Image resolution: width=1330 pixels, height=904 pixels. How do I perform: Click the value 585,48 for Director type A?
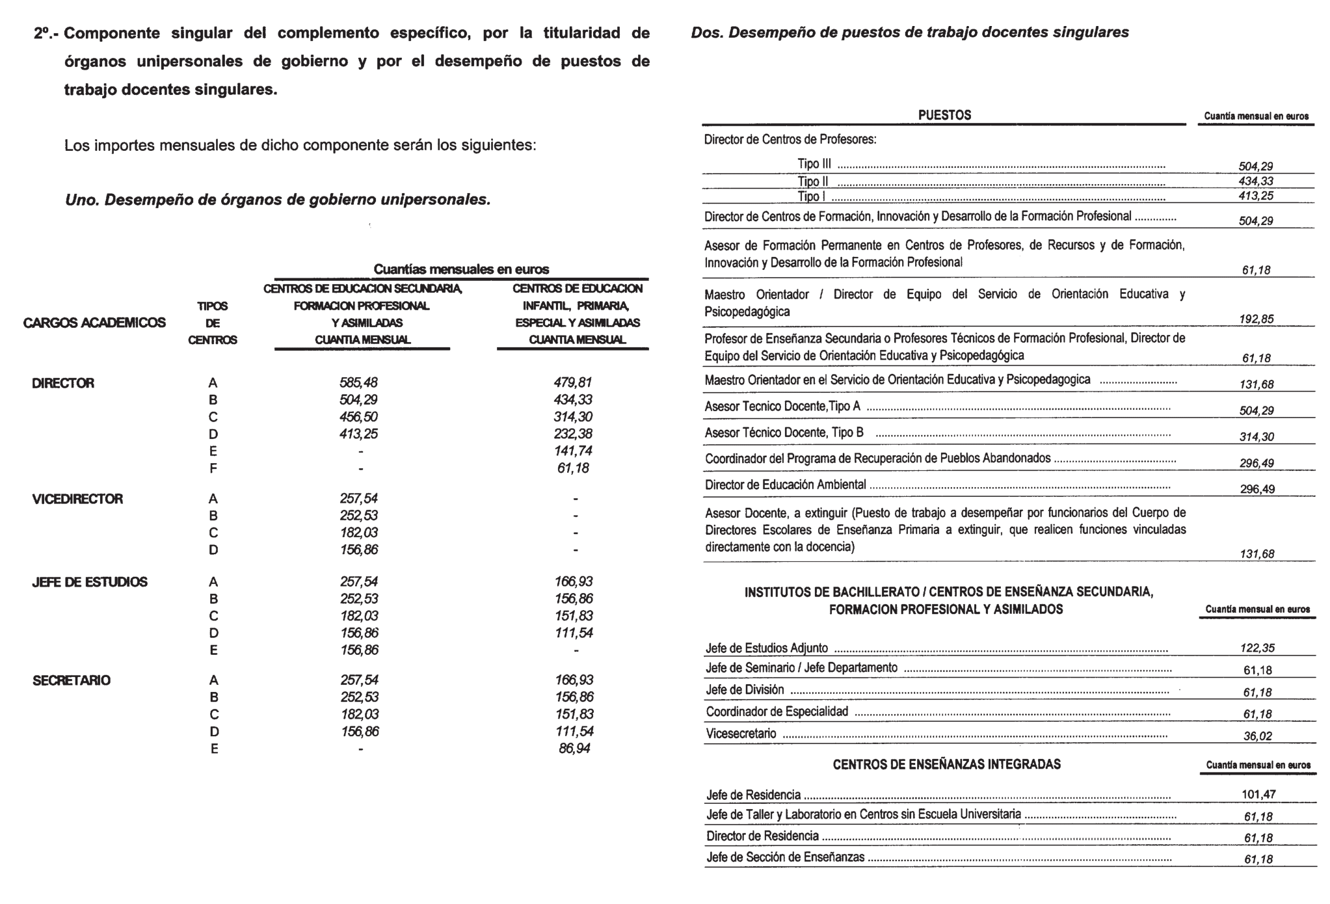click(358, 382)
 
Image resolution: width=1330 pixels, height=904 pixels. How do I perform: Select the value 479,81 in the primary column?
click(573, 382)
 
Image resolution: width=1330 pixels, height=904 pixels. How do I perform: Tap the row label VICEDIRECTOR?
click(77, 499)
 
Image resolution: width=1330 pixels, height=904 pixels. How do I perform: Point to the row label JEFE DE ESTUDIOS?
click(90, 582)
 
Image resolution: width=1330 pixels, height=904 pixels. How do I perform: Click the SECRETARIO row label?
click(72, 680)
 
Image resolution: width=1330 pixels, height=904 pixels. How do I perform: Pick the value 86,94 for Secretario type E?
click(574, 749)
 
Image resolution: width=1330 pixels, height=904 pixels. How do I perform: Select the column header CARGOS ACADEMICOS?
click(94, 323)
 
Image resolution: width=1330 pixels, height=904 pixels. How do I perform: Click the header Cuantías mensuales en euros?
click(461, 269)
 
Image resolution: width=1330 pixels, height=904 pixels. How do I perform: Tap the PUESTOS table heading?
click(944, 115)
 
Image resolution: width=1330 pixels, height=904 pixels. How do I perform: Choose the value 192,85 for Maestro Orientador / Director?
click(1256, 319)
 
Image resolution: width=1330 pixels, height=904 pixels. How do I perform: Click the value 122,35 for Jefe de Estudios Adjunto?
click(1257, 648)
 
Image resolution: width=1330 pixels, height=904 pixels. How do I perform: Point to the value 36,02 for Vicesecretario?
click(1257, 736)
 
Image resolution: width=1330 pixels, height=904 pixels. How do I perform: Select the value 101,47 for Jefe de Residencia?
click(1258, 794)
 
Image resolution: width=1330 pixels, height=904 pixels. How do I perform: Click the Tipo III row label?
click(814, 164)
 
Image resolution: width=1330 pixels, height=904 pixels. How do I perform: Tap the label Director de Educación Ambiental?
click(786, 485)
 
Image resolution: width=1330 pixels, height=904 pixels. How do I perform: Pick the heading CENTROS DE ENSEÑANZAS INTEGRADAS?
click(946, 764)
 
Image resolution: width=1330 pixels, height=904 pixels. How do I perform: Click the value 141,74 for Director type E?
click(573, 451)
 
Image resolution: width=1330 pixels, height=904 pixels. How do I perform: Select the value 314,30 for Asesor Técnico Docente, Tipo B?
click(1257, 437)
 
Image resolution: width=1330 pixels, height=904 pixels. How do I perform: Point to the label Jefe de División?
click(745, 689)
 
